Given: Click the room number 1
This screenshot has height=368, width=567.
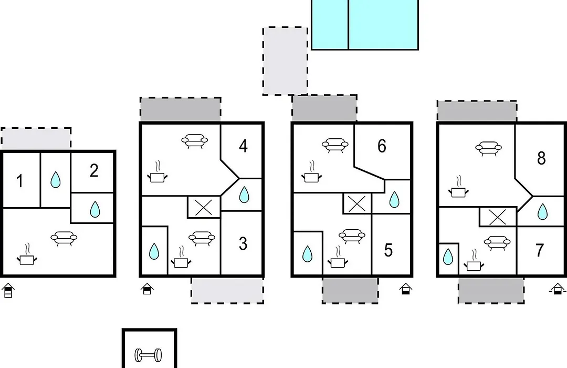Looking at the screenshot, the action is (x=20, y=181).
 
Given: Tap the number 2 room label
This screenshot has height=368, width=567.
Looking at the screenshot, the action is (x=93, y=171).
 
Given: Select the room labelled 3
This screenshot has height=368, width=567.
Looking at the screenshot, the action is (x=243, y=244).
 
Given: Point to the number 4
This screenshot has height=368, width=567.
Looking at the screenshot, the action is (x=244, y=146).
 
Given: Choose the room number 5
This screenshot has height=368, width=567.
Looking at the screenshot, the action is (x=388, y=250).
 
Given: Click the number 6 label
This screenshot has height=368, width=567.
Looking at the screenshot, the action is (x=382, y=146).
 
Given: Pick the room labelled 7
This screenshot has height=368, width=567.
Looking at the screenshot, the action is (x=540, y=250).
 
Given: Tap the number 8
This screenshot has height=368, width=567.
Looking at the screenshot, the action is (x=541, y=158).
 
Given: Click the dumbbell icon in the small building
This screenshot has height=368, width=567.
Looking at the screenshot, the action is (x=149, y=355).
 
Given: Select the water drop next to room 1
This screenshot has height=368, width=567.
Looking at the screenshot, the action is (x=55, y=180).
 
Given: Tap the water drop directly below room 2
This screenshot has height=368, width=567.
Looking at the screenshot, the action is (x=94, y=209).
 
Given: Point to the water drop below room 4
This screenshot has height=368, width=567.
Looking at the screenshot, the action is (x=245, y=195).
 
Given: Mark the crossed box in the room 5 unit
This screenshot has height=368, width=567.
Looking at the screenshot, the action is (x=358, y=203).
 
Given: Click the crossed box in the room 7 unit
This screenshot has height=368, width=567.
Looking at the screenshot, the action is (x=498, y=217).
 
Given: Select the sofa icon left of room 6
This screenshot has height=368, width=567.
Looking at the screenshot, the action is (x=335, y=145).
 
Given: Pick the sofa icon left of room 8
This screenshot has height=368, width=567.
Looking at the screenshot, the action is (x=489, y=147).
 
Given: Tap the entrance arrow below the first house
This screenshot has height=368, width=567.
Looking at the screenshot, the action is (x=7, y=291).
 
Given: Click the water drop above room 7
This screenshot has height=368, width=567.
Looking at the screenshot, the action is (x=542, y=212).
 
